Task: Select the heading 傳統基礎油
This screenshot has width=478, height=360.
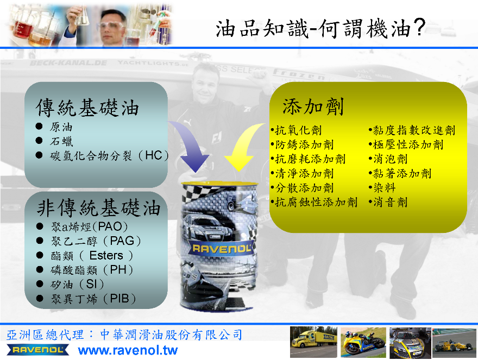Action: [87, 108]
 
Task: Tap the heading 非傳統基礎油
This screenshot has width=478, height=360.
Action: [99, 207]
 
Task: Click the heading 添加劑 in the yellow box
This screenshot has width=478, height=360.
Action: [313, 106]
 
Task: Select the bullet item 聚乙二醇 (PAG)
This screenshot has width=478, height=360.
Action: [96, 241]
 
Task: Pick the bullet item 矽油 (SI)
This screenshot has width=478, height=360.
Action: [78, 284]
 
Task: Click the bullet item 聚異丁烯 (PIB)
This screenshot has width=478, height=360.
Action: [93, 299]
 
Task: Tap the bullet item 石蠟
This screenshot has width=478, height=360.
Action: [61, 141]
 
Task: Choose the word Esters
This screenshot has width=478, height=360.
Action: [106, 255]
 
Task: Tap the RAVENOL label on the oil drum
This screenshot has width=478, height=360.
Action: [222, 249]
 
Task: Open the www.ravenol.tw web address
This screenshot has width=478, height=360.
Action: [128, 350]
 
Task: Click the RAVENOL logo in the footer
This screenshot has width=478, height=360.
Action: [38, 350]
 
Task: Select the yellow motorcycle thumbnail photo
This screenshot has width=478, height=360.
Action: [363, 342]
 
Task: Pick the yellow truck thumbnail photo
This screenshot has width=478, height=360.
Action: [313, 342]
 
